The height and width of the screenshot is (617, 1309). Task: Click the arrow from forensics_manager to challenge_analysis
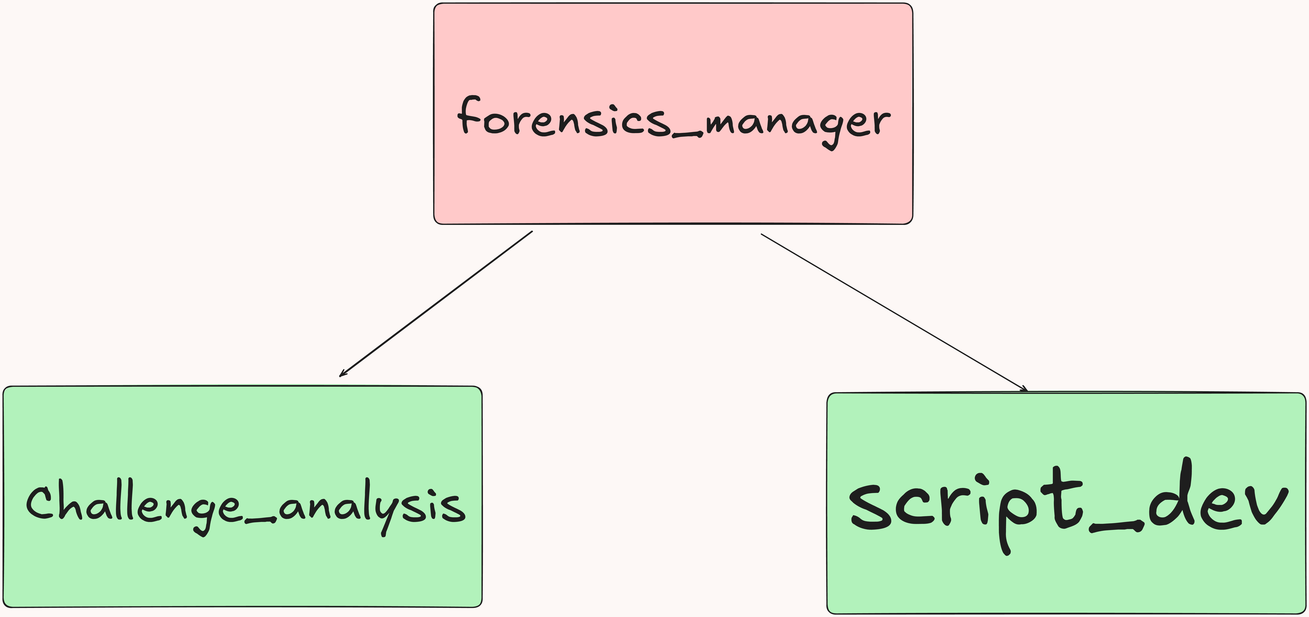436,304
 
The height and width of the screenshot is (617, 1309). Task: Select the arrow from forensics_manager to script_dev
894,312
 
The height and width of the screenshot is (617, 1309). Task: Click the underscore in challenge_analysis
260,520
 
